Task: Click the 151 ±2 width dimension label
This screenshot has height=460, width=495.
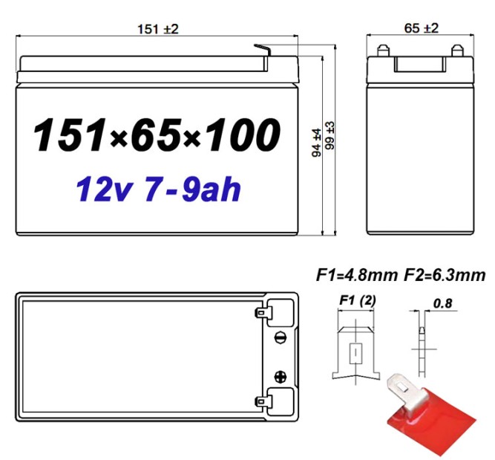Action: [x=158, y=29]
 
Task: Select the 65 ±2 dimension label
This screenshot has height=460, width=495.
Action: [x=421, y=28]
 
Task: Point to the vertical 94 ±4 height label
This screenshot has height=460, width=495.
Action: [x=317, y=142]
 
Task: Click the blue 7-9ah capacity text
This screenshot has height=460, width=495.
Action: [x=190, y=189]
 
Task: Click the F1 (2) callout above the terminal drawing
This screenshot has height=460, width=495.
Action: [x=356, y=300]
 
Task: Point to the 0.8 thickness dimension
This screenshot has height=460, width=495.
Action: [x=442, y=302]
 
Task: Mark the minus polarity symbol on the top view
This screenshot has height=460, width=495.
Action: [x=281, y=337]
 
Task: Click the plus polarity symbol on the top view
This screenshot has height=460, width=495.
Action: [x=281, y=377]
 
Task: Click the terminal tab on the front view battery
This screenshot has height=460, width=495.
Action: [x=261, y=49]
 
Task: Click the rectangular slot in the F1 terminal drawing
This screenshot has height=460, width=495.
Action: [x=357, y=351]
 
